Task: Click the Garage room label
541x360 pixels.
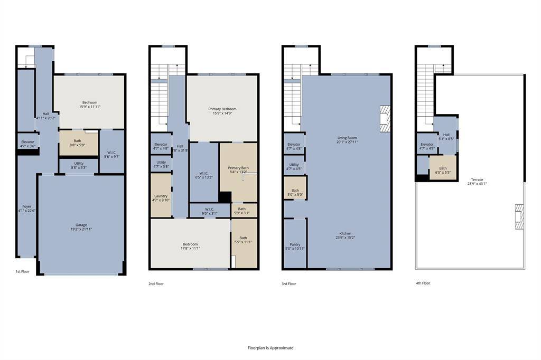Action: tap(81, 227)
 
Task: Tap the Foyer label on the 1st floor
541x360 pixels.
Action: tap(26, 209)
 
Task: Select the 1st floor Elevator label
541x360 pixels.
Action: tap(27, 144)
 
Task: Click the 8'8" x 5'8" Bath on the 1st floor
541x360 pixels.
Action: tap(78, 143)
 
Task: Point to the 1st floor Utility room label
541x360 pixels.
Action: tap(78, 166)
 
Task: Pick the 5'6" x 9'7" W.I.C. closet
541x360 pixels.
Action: tap(111, 154)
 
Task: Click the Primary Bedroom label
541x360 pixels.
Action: tap(222, 111)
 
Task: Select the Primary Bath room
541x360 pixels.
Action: tap(238, 170)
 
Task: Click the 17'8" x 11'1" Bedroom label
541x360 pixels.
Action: tap(190, 246)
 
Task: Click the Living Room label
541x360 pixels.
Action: tap(348, 140)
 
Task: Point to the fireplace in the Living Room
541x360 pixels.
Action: tap(385, 118)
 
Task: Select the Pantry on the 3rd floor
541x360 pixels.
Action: tap(295, 247)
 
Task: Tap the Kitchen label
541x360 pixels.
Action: tap(345, 235)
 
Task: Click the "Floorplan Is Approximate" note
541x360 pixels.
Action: tap(270, 348)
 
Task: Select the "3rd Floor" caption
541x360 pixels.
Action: tap(289, 284)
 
